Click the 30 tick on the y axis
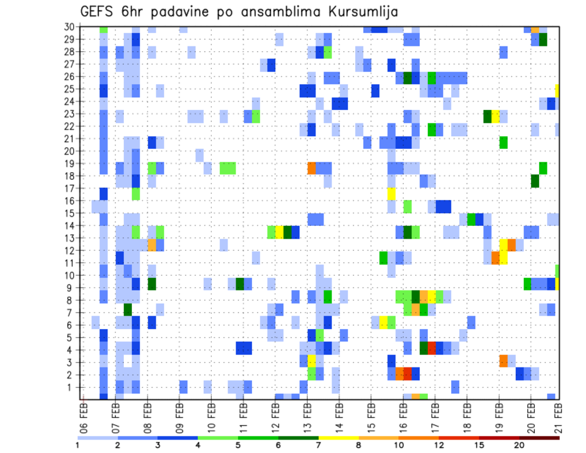point(69,27)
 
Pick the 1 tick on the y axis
point(71,387)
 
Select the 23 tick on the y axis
point(69,114)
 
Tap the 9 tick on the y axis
point(71,288)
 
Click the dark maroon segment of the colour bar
point(539,437)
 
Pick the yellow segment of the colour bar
point(338,437)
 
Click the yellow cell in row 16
point(391,194)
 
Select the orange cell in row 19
point(311,168)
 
